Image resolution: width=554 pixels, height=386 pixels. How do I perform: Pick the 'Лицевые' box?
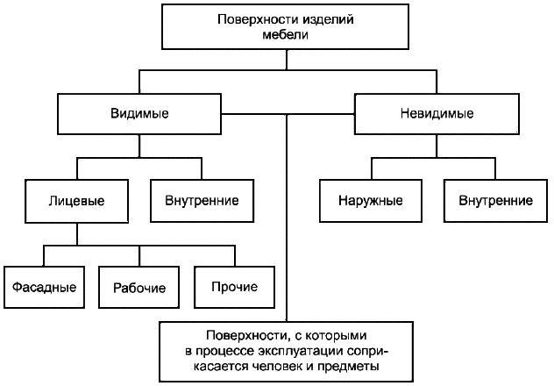77,200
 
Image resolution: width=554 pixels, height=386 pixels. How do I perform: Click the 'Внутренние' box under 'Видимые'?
202,200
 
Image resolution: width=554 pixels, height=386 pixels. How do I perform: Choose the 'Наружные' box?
370,200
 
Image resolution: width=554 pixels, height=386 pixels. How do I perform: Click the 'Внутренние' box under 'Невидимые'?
495,200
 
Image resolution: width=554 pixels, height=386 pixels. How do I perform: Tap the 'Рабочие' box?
139,287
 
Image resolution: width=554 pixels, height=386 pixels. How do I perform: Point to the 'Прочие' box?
235,287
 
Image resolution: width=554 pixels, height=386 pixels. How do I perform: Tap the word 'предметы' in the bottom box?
353,365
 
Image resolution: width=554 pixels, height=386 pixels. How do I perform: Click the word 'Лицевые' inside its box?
77,200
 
